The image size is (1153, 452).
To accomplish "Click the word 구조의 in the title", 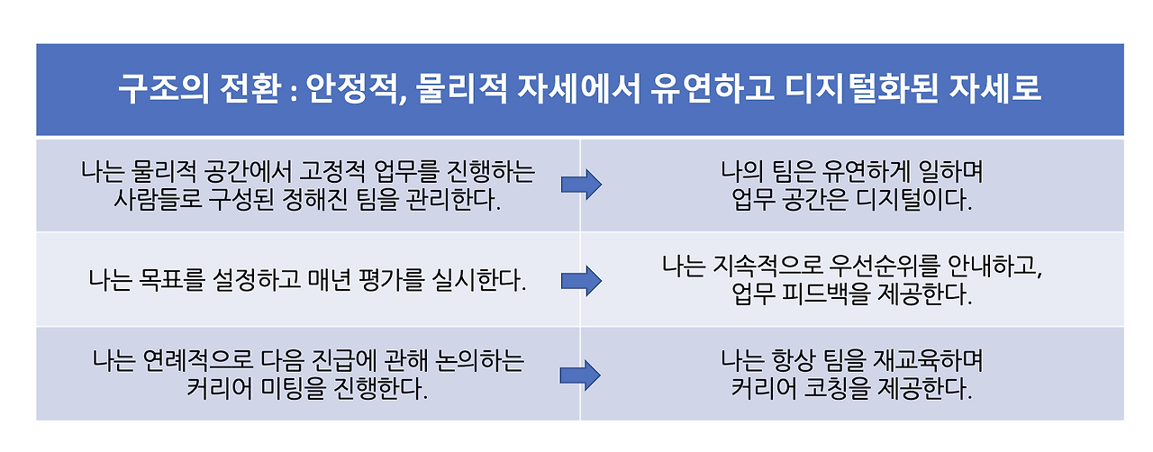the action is (164, 89).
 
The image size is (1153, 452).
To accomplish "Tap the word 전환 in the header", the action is (250, 89).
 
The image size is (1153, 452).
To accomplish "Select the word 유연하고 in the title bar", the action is (712, 89).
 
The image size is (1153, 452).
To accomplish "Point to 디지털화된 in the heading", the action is (860, 89).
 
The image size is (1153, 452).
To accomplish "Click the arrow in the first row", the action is (581, 185).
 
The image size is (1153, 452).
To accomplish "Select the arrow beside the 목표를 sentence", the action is (581, 281).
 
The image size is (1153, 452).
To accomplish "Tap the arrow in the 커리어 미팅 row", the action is (580, 375).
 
